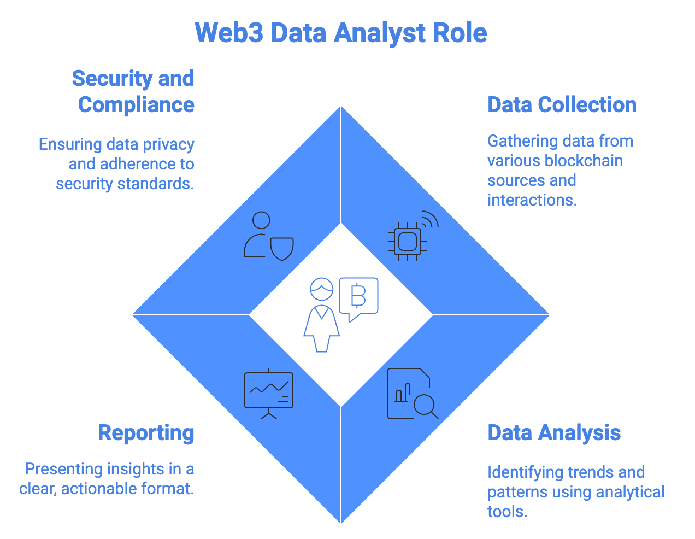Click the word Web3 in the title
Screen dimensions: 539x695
point(229,33)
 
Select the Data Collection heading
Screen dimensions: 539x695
point(562,104)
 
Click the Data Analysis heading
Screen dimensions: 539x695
point(553,432)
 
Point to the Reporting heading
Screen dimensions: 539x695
point(146,432)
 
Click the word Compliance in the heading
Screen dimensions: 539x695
point(136,104)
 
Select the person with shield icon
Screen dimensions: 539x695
point(268,236)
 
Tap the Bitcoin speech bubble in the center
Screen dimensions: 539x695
point(358,297)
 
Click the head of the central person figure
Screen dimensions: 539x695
point(321,289)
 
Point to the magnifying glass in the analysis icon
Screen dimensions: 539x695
point(425,405)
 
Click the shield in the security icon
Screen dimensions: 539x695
point(282,248)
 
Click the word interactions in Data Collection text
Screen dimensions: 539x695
point(532,200)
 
